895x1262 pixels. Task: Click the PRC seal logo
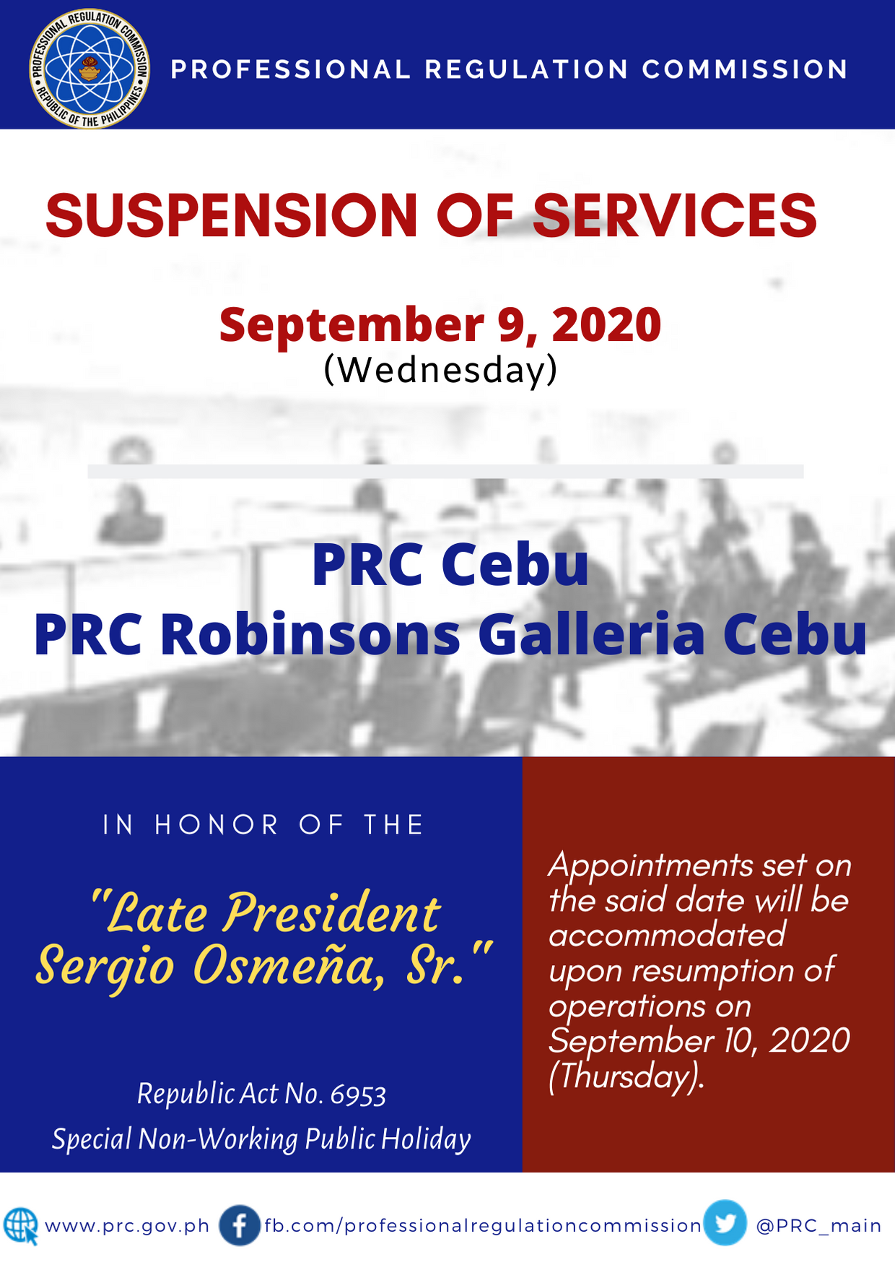[x=89, y=69]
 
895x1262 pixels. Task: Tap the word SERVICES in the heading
[x=674, y=215]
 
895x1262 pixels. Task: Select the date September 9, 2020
[x=440, y=324]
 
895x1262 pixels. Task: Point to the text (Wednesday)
[x=440, y=369]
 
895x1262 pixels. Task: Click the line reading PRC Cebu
[x=450, y=564]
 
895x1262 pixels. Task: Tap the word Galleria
[x=591, y=634]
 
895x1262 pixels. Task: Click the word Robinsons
[x=310, y=634]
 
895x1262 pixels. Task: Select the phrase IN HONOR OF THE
[x=263, y=825]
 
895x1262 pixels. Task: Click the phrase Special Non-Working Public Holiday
[x=261, y=1139]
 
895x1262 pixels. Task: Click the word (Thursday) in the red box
[x=626, y=1076]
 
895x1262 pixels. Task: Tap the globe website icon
[x=21, y=1226]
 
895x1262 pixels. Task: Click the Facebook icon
[x=240, y=1226]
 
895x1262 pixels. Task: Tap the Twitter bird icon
[x=725, y=1223]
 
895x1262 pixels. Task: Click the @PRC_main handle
[x=818, y=1226]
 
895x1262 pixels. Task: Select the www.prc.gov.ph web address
[x=127, y=1227]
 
